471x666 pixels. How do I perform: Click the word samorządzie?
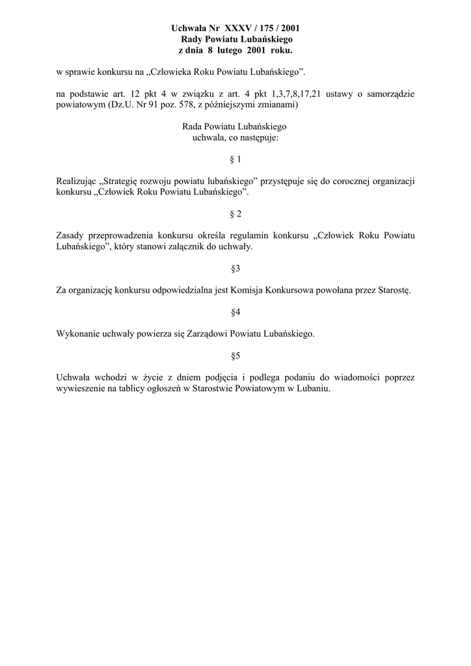390,94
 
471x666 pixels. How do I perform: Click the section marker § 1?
235,159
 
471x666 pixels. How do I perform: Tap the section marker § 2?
235,214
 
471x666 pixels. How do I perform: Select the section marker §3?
235,269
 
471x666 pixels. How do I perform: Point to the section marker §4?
235,312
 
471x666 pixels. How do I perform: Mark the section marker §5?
235,356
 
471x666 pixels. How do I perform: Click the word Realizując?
77,181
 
